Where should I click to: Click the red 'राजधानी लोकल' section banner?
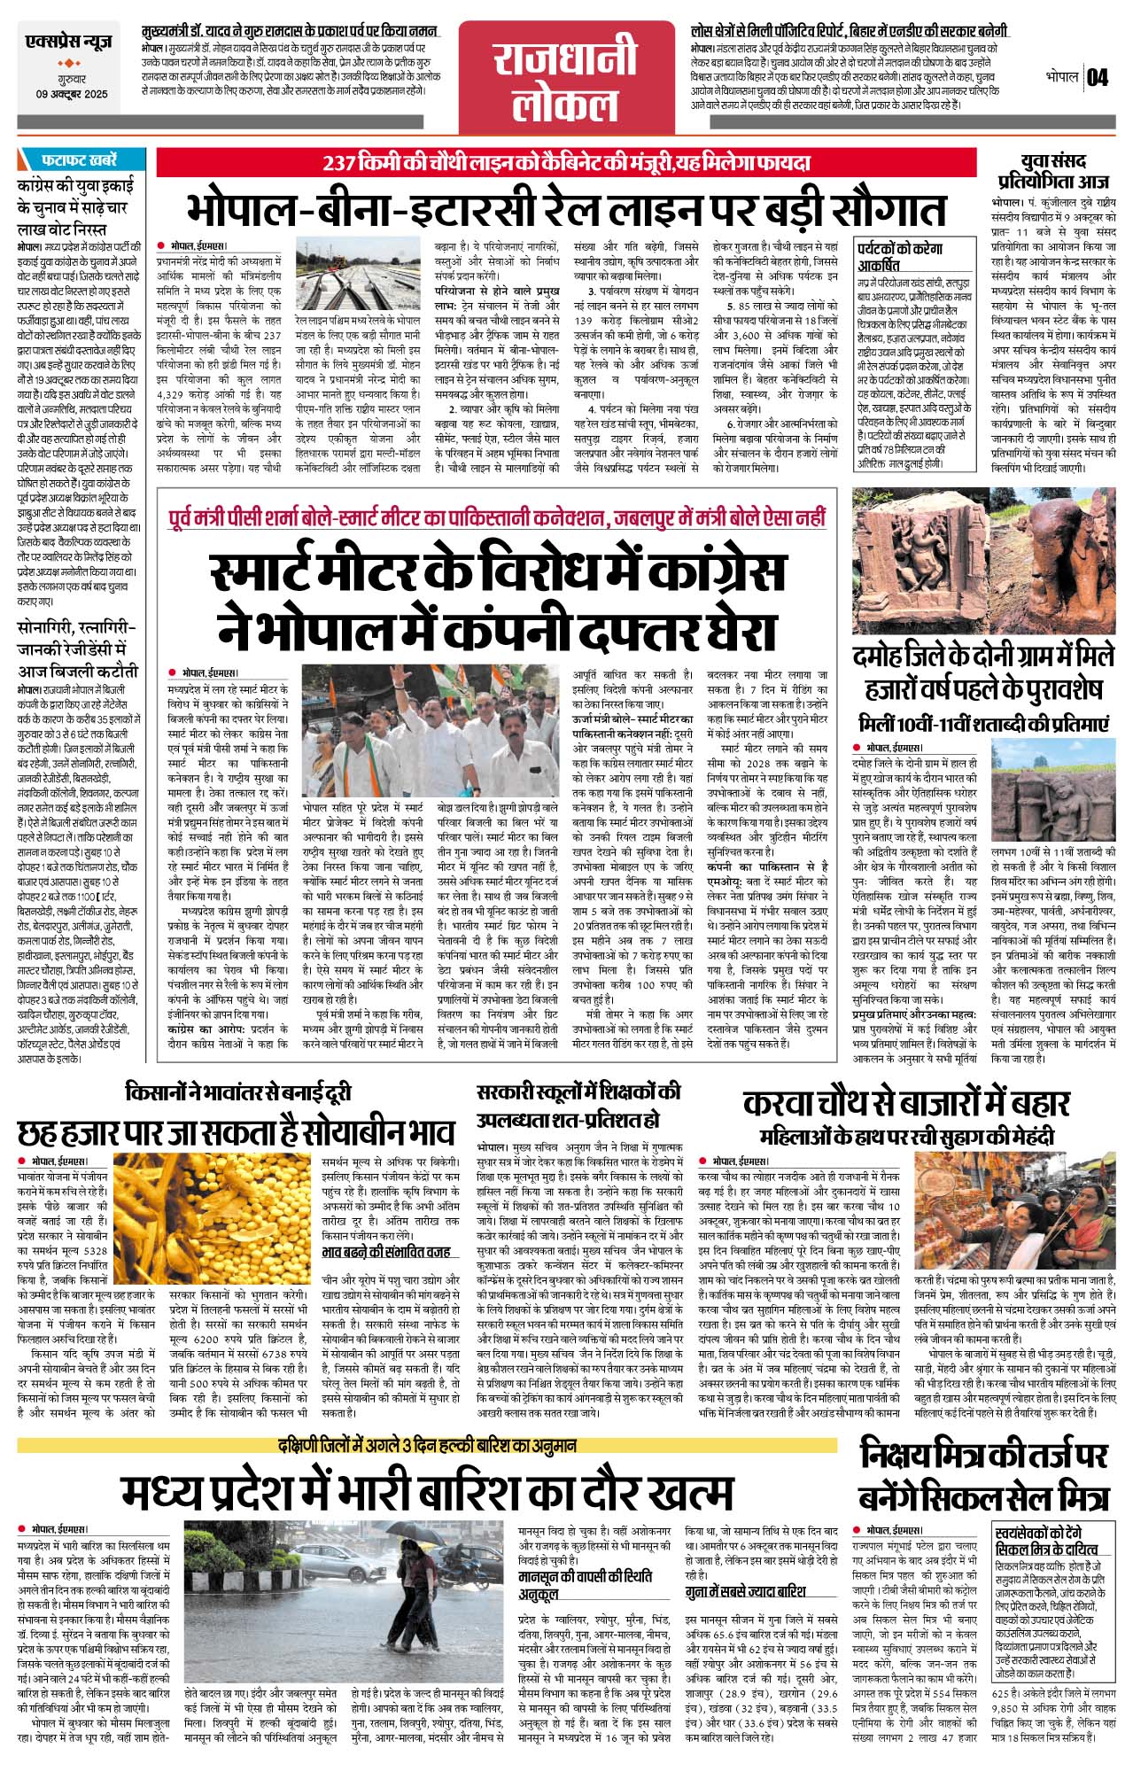click(x=565, y=78)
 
